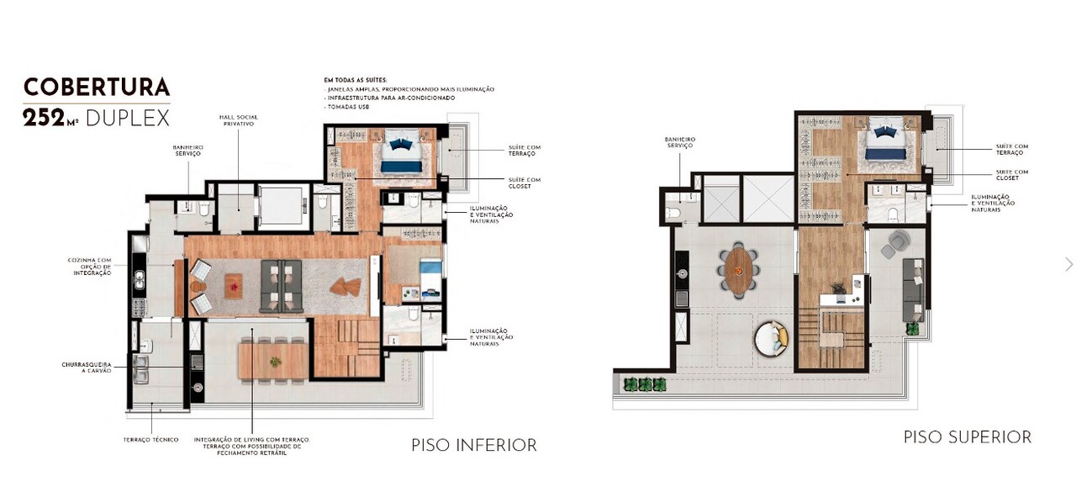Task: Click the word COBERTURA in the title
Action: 97,87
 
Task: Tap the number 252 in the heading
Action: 45,118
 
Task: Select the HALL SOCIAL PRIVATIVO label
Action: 239,120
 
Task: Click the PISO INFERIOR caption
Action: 473,445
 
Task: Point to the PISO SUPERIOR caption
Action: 967,437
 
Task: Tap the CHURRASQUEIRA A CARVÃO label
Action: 87,368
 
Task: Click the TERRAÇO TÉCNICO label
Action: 150,440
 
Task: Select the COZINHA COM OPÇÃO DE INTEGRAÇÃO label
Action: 89,267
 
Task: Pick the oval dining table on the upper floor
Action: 738,269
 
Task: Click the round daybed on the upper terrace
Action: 771,339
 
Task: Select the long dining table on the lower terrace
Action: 273,360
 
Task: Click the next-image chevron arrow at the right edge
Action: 1068,264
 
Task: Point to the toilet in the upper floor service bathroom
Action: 672,213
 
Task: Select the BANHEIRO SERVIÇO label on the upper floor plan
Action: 679,142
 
